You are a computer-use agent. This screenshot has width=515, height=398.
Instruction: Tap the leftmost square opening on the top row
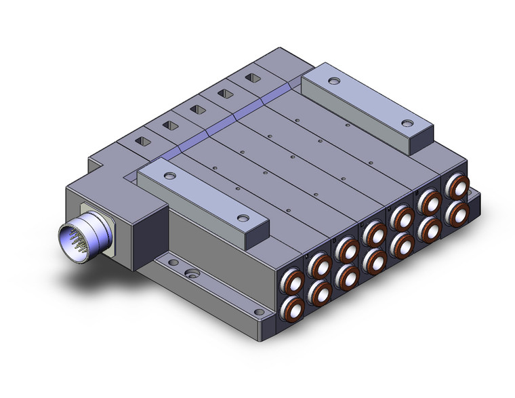pyautogui.click(x=144, y=142)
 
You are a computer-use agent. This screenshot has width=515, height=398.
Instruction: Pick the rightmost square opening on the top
pyautogui.click(x=252, y=78)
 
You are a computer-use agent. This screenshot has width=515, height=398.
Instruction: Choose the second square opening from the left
pyautogui.click(x=169, y=125)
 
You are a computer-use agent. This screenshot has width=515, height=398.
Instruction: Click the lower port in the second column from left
pyautogui.click(x=318, y=292)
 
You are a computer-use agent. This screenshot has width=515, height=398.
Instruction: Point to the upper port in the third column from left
pyautogui.click(x=346, y=250)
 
